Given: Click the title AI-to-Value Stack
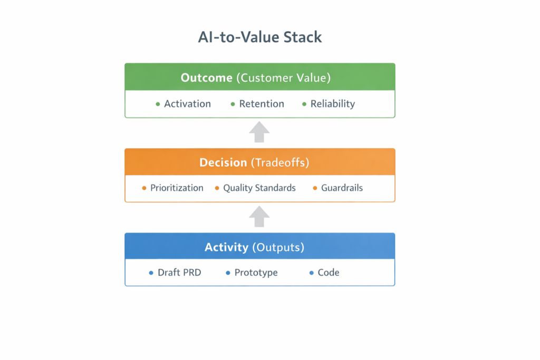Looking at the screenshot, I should tap(259, 37).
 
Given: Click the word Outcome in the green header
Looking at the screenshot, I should tap(206, 77).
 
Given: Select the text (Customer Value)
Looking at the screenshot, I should tap(283, 77).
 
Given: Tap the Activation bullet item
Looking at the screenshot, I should tap(187, 104).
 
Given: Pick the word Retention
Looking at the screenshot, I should tap(262, 104).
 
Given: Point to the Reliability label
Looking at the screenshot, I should tap(332, 104).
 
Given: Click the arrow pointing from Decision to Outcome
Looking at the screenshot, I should tap(259, 132).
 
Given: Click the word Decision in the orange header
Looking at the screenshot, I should tap(223, 162).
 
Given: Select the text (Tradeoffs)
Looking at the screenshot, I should tap(280, 162).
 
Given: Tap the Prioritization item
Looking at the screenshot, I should tap(177, 188).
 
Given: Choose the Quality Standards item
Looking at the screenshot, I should tap(259, 188).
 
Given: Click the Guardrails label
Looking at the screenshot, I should tap(342, 188).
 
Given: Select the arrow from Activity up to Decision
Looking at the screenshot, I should tap(259, 216).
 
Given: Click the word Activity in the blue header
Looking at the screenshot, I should tap(226, 247).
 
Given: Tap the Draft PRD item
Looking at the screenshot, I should tap(179, 273).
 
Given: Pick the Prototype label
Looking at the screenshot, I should tap(256, 273).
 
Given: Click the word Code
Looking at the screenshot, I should tap(328, 273).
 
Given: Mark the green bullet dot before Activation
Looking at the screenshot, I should tap(158, 104).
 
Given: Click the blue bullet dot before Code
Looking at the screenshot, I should tap(312, 273).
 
